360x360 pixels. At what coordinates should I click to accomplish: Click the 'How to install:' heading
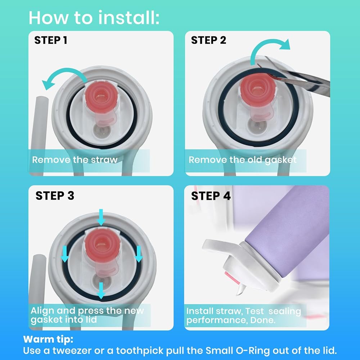pos(94,18)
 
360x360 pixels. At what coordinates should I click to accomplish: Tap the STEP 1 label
pos(51,40)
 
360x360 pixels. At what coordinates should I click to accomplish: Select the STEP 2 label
pos(208,40)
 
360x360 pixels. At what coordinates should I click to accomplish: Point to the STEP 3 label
pos(55,195)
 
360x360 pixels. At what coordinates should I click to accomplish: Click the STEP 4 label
pos(211,196)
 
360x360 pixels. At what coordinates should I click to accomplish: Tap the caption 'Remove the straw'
pos(75,159)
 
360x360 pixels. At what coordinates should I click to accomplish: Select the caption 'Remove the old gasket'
pos(242,160)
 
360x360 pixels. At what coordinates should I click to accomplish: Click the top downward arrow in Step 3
pos(101,217)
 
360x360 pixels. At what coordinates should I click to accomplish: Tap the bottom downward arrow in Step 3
pos(101,291)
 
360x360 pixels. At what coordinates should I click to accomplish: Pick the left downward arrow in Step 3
pos(65,254)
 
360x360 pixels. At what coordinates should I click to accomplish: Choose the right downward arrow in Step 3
pos(139,254)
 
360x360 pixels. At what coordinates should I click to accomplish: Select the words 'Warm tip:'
pos(48,339)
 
